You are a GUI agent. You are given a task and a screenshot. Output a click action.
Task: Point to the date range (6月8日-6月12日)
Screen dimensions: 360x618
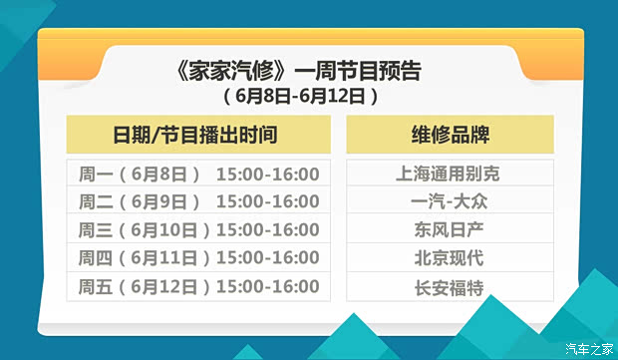pyautogui.click(x=299, y=97)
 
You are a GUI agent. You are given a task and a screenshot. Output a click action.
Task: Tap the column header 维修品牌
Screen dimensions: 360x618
pyautogui.click(x=450, y=134)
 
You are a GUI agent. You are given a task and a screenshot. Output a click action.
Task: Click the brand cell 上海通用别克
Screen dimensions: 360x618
pyautogui.click(x=449, y=174)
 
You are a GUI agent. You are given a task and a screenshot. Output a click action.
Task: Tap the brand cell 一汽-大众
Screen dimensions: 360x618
pyautogui.click(x=449, y=201)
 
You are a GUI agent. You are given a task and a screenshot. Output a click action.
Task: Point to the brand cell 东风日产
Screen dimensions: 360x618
pyautogui.click(x=449, y=229)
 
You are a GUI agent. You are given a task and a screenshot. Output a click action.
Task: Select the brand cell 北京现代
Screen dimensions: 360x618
pyautogui.click(x=449, y=258)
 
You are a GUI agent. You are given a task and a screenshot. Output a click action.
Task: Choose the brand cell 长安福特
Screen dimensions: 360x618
pyautogui.click(x=449, y=287)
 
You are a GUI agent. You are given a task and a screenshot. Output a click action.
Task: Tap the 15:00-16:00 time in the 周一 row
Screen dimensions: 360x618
pyautogui.click(x=267, y=174)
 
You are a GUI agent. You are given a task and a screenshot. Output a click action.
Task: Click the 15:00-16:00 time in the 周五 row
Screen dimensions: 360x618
pyautogui.click(x=267, y=287)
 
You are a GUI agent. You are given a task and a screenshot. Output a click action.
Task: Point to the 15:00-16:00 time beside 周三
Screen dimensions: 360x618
pyautogui.click(x=267, y=229)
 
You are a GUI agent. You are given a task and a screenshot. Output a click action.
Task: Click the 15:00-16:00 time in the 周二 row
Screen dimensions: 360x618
pyautogui.click(x=267, y=201)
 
